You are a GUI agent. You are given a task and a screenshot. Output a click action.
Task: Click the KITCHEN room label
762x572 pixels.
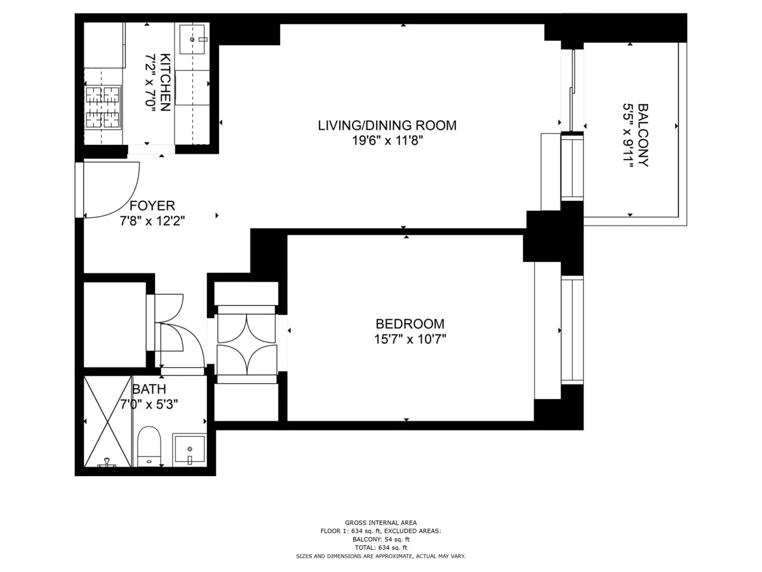pos(164,82)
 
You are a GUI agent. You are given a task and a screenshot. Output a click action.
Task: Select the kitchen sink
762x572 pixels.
pos(192,39)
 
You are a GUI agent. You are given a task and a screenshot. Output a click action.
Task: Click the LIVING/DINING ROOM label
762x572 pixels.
pos(387,125)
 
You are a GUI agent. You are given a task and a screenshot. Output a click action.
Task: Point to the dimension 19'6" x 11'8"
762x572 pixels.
pos(387,140)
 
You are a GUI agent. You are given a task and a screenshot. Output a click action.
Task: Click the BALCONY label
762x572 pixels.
pos(643,135)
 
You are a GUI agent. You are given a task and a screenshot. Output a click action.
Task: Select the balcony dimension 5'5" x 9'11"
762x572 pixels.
pos(628,135)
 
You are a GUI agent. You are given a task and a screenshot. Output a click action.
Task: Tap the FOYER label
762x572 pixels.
pos(152,206)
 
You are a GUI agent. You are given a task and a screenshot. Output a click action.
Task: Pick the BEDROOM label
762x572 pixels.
pos(410,323)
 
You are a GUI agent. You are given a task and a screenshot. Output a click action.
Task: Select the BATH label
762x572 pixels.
pos(149,389)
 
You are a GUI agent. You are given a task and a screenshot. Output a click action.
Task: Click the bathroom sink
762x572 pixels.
pos(189,449)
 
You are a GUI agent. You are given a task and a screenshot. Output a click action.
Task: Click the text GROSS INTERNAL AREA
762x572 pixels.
pos(381,522)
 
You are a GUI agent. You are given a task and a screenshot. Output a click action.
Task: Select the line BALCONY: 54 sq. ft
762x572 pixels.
pos(381,539)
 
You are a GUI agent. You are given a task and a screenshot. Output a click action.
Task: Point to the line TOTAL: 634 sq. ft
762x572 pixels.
pos(381,547)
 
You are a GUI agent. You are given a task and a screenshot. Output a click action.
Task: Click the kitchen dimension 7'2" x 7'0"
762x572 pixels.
pos(150,82)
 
